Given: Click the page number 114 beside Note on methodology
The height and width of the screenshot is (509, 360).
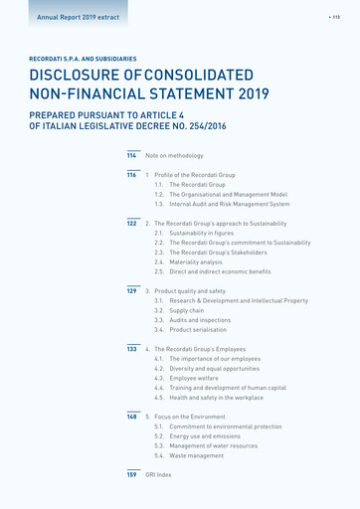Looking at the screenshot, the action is click(x=131, y=156).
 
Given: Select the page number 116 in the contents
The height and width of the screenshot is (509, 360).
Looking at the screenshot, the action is click(x=131, y=175).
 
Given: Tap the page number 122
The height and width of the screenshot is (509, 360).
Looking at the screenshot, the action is click(x=131, y=224).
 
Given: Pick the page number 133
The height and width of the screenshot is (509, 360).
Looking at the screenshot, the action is click(x=131, y=349).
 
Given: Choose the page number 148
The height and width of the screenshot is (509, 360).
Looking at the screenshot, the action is click(x=131, y=417).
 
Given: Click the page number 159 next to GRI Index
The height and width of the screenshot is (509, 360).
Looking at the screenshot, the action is click(x=131, y=475).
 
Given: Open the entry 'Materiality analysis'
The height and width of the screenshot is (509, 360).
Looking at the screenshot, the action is click(x=196, y=261).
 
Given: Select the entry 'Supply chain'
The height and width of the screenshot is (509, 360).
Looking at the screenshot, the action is click(x=189, y=310).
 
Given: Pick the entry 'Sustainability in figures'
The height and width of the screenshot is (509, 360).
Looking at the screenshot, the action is click(x=201, y=233).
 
